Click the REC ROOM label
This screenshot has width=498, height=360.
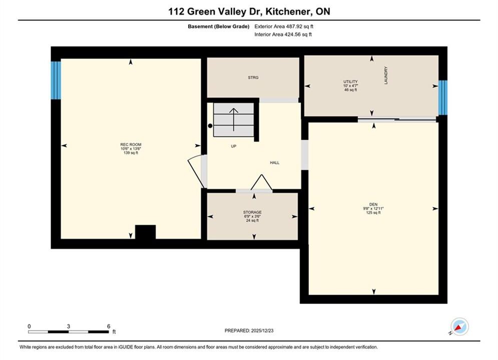point(131,144)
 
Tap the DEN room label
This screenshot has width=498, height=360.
point(373,204)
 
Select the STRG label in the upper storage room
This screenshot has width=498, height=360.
point(253,77)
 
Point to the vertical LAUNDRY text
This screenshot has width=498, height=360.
point(386,75)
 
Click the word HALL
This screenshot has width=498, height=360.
point(275,162)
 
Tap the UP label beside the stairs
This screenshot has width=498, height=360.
point(233,146)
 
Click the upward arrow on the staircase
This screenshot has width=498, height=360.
point(234,119)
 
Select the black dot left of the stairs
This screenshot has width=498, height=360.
point(210,126)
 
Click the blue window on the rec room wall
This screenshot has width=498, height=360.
point(56,80)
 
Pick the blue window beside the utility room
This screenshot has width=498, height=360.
point(443,97)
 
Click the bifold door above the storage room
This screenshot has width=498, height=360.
point(261,182)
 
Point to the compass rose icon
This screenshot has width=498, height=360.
point(459,326)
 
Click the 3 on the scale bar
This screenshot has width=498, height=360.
point(68,326)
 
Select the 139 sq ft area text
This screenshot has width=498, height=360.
point(131,153)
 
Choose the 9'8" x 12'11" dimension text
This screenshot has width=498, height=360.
point(373,208)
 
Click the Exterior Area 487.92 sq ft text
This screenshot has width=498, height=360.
point(284,26)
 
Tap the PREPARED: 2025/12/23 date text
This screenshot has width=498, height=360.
point(249,330)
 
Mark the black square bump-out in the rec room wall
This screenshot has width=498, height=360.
point(146,232)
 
